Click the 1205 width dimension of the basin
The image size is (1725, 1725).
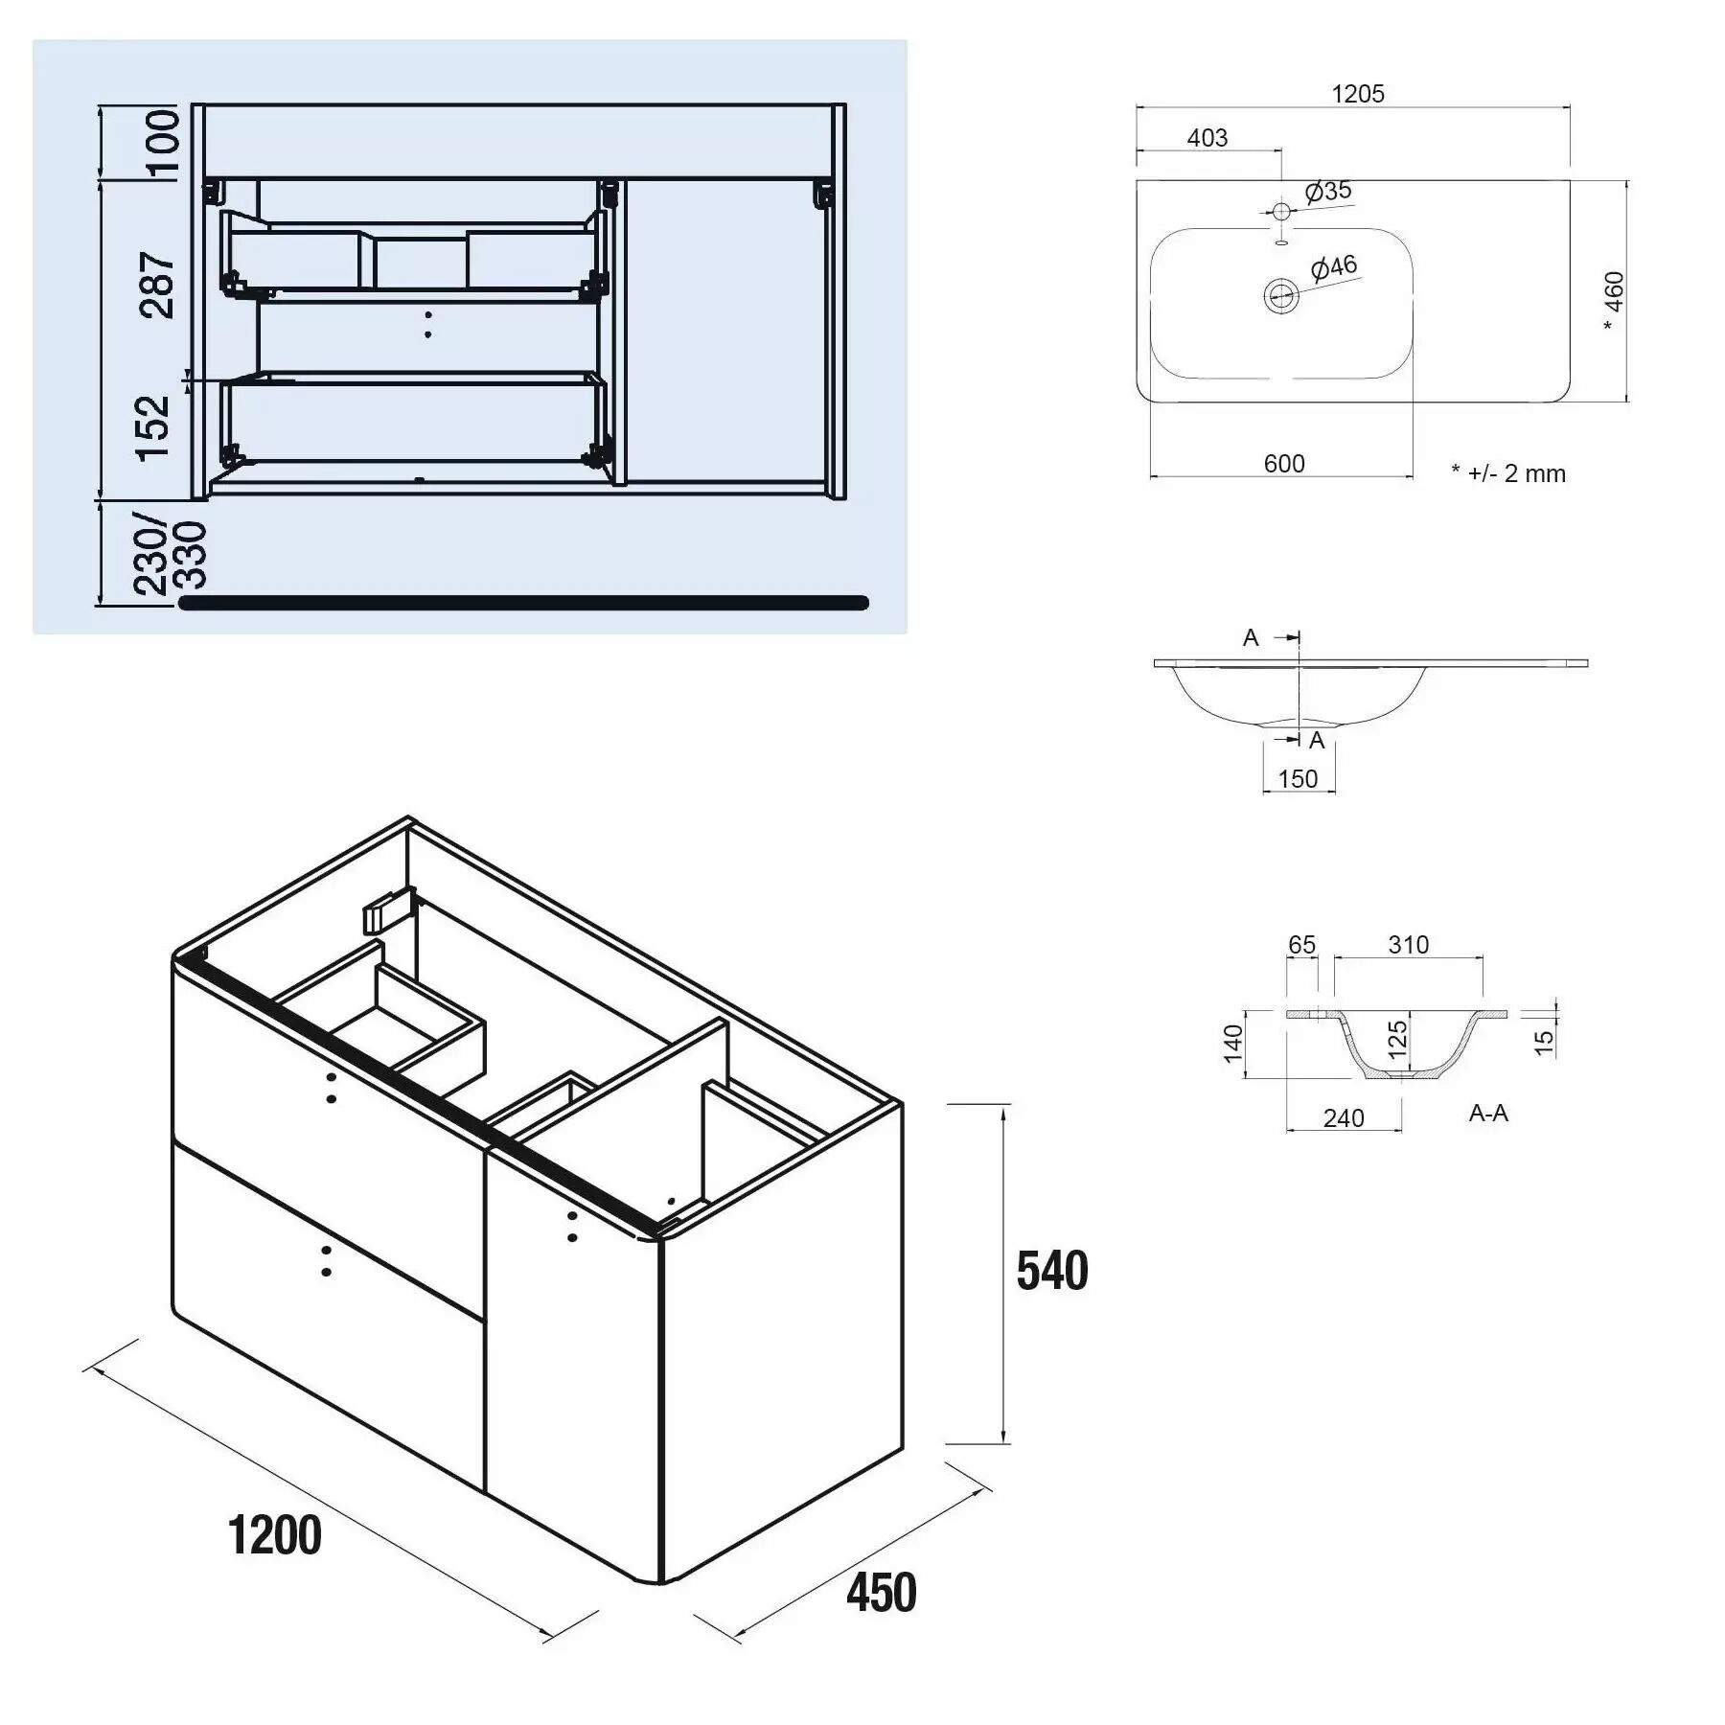[x=1357, y=94]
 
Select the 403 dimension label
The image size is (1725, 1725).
[x=1207, y=138]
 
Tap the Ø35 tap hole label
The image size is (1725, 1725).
[x=1329, y=191]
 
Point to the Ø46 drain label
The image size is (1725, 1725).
[x=1334, y=267]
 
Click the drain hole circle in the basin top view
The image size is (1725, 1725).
[x=1281, y=295]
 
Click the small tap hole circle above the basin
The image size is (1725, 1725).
[x=1282, y=211]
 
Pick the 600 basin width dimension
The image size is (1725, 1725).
[x=1284, y=464]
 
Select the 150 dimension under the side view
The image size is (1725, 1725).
[x=1298, y=779]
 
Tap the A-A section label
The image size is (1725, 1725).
[x=1488, y=1113]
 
